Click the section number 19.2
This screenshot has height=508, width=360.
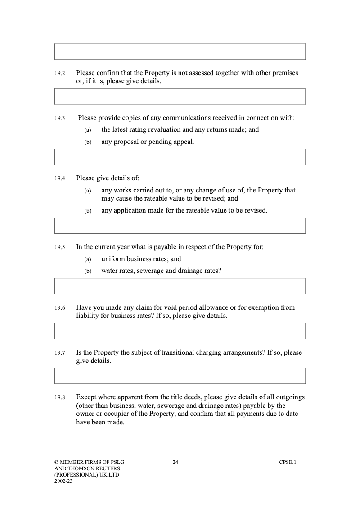[60, 73]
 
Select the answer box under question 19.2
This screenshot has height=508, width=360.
[180, 96]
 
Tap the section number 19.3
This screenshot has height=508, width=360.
[60, 119]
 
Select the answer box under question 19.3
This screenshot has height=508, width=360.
[180, 157]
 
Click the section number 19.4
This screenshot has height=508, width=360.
[60, 178]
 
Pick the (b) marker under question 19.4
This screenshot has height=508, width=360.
[88, 211]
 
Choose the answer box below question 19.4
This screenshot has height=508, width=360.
[180, 226]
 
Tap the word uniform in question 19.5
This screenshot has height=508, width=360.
[113, 259]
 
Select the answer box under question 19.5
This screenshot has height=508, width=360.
[180, 286]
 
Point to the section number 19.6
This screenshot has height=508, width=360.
[60, 308]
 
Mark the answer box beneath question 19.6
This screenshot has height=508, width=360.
[180, 331]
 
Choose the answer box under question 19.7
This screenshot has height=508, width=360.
[180, 376]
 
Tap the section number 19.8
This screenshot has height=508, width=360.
[60, 398]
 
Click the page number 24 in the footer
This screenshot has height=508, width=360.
[175, 462]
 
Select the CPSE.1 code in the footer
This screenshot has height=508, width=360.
[288, 462]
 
